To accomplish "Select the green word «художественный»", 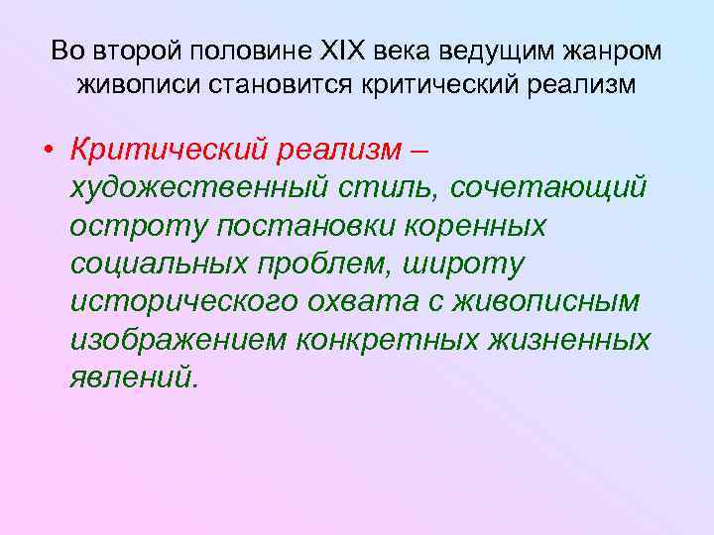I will click(x=202, y=187).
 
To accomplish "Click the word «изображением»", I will click(x=178, y=340).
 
